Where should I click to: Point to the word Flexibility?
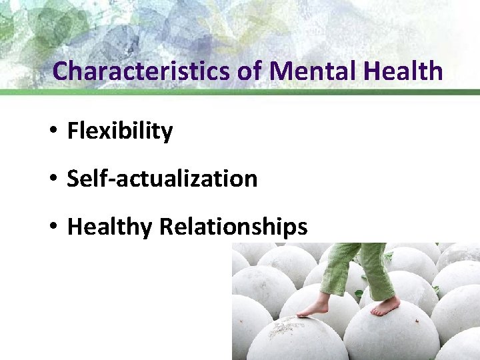point(120,131)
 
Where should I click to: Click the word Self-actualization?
point(162,179)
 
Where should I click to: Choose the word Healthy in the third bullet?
point(110,227)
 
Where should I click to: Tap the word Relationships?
point(233,227)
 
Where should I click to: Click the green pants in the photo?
point(360,267)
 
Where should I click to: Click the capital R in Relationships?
point(166,227)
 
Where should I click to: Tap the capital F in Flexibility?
point(73,131)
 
